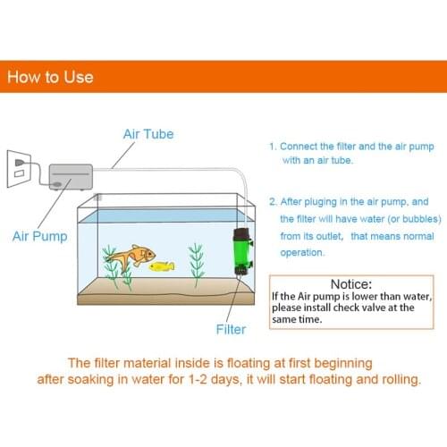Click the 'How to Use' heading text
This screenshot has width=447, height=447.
pyautogui.click(x=50, y=77)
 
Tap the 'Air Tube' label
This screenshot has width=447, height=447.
pyautogui.click(x=148, y=134)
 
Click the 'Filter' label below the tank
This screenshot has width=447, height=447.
pyautogui.click(x=231, y=329)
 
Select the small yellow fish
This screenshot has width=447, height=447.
pyautogui.click(x=162, y=266)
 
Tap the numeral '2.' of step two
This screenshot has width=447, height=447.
pyautogui.click(x=273, y=202)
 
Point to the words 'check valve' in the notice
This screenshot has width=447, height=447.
pyautogui.click(x=376, y=308)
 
